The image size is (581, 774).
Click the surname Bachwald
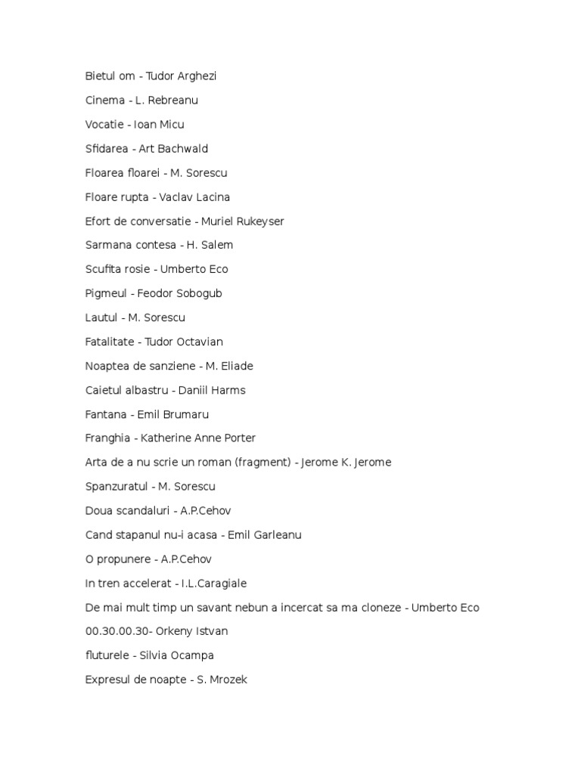pos(182,149)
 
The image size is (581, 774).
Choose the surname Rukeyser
pos(257,221)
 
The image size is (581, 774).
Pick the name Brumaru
pos(186,414)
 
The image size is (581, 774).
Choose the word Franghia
pos(109,438)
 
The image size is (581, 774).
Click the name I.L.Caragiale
pos(214,584)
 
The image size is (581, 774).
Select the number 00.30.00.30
pos(115,631)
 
